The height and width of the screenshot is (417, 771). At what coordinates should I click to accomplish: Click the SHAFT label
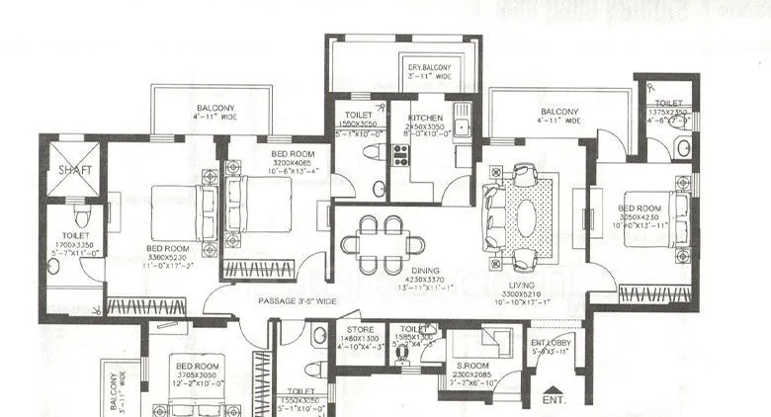(73, 169)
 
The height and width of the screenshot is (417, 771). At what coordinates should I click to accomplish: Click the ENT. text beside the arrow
(557, 400)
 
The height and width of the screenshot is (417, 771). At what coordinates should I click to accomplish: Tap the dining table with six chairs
(380, 243)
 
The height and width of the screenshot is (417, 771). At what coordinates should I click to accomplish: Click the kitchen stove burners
(401, 154)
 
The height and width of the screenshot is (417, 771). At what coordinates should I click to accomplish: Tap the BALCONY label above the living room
(560, 112)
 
